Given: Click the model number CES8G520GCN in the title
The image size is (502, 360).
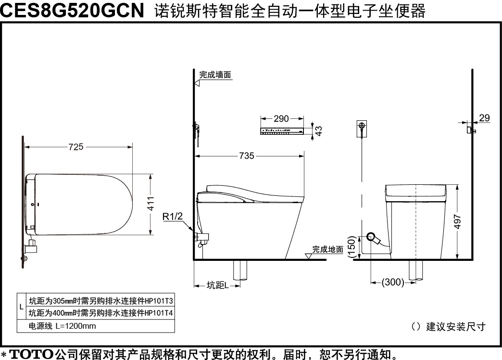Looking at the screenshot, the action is (72, 10).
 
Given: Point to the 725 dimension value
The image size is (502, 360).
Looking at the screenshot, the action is (76, 147).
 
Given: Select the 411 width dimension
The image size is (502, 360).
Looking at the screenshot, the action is (151, 204).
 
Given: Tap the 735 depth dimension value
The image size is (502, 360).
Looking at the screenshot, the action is (247, 156).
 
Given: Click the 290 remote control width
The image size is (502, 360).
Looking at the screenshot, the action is (281, 118).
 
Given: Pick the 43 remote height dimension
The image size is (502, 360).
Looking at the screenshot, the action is (318, 131).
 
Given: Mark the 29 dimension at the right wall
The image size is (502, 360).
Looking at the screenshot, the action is (484, 118).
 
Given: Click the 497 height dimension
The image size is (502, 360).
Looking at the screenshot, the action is (457, 222).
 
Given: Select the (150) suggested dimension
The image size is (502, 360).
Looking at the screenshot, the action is (352, 247).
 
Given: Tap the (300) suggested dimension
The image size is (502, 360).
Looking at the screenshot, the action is (393, 282).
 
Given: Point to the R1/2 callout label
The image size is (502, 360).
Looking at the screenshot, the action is (173, 217).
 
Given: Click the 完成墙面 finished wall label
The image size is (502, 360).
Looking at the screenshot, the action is (215, 75).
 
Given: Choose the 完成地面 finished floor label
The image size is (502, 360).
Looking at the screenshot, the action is (327, 249).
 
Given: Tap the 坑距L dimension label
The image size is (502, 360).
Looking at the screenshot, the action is (218, 285).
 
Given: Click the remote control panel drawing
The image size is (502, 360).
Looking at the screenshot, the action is (282, 131).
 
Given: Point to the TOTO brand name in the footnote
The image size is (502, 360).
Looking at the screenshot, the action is (31, 354).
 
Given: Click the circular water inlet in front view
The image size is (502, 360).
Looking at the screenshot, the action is (371, 237).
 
